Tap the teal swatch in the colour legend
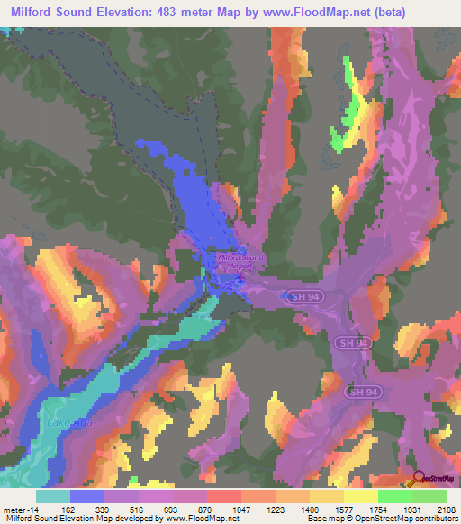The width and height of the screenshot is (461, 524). (x=53, y=496)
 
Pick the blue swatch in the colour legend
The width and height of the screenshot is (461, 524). (x=87, y=496)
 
